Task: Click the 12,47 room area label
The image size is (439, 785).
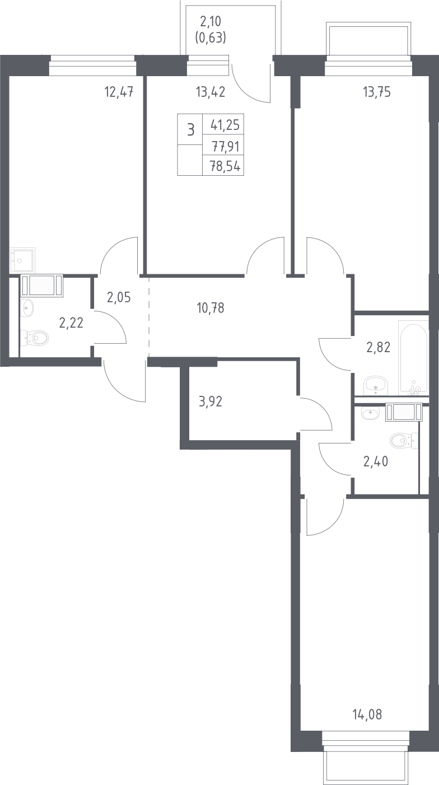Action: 119,92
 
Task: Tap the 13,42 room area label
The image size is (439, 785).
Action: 210,92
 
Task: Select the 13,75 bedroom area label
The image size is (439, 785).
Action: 377,92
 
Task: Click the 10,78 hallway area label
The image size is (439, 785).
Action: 210,308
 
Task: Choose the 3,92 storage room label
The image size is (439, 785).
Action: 210,401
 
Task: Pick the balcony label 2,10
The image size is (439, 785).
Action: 211,22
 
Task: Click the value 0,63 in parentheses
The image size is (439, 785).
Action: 211,38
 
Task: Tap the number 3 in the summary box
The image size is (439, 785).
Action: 190,130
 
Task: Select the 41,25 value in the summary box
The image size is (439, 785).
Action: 225,125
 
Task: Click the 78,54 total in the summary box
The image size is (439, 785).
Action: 225,166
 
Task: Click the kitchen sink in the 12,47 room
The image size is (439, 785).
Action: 22,260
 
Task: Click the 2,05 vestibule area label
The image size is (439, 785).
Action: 119,297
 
